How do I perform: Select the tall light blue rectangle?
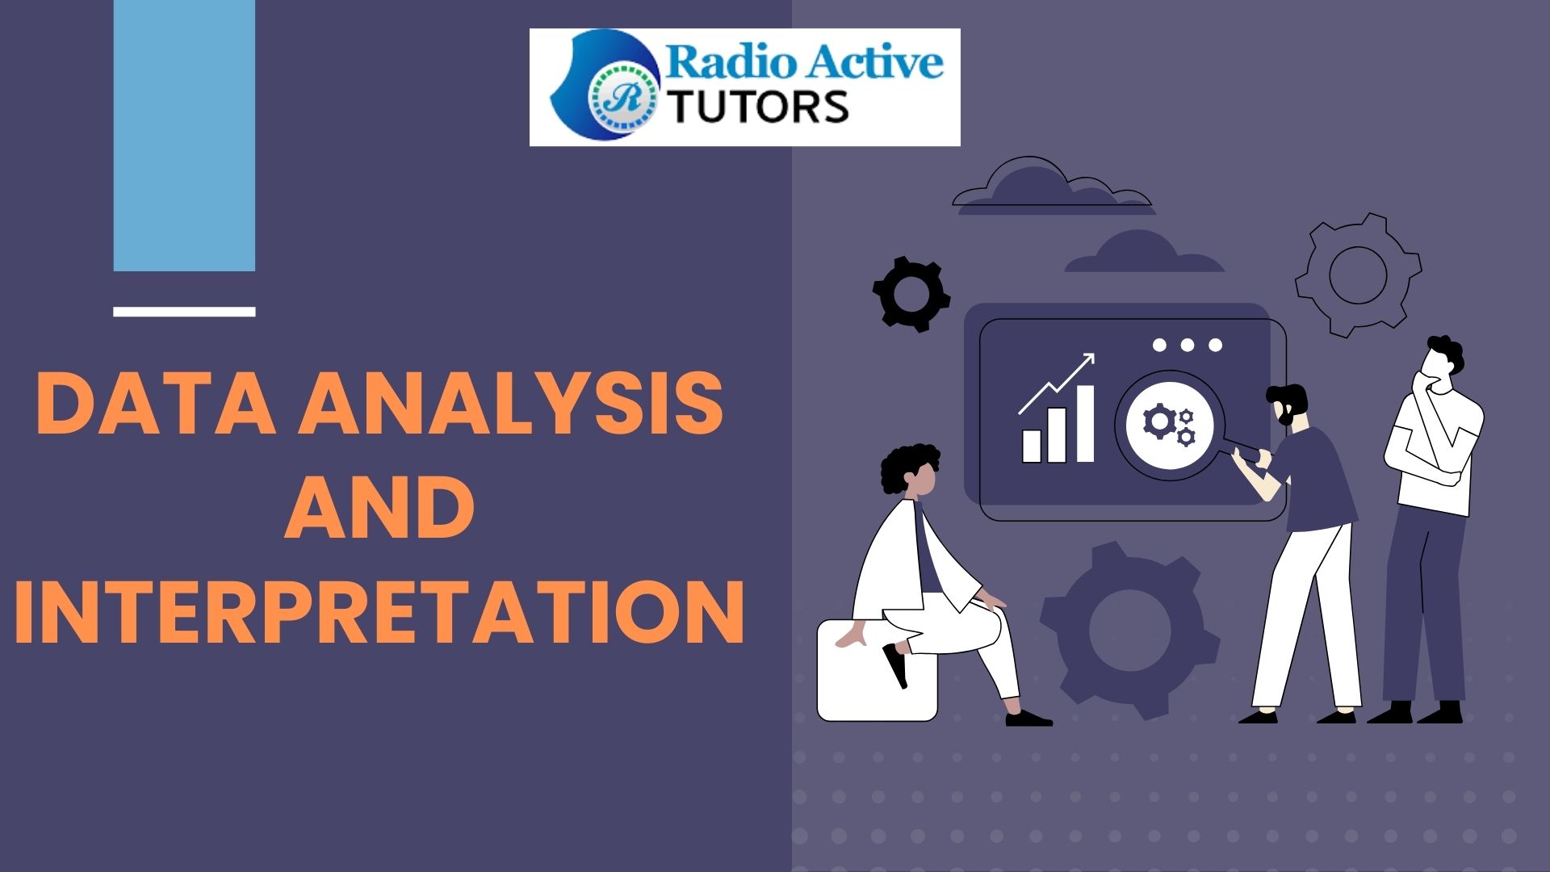click(x=184, y=136)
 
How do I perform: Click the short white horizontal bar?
click(x=184, y=312)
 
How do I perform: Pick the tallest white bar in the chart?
click(x=1084, y=423)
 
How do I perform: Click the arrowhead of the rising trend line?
click(x=1087, y=361)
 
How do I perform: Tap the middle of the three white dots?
click(x=1187, y=346)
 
